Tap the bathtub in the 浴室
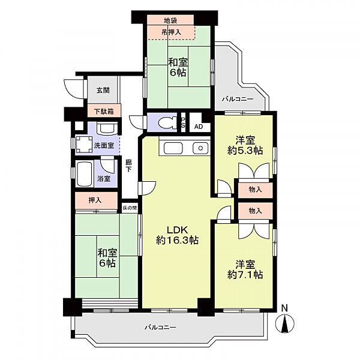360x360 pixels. (84, 174)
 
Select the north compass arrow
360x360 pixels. (284, 323)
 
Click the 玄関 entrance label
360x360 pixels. (103, 91)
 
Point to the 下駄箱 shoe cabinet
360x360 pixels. (104, 111)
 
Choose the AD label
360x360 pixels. (199, 127)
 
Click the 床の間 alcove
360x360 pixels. (130, 208)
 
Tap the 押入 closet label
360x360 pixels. (95, 200)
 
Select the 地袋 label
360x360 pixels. (170, 20)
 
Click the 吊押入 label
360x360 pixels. (171, 32)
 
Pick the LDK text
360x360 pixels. (177, 230)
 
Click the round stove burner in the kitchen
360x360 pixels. (200, 148)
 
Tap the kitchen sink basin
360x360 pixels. (173, 148)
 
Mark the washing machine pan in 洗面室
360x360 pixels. (84, 145)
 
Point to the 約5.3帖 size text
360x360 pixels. (245, 151)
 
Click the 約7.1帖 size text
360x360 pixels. (245, 275)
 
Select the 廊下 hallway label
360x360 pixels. (128, 166)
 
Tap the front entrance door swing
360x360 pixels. (73, 88)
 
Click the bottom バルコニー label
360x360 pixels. (160, 327)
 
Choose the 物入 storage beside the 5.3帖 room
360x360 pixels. (255, 190)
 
